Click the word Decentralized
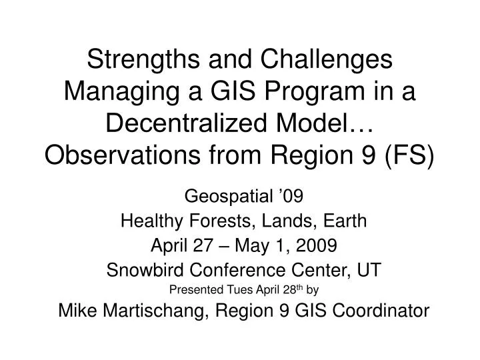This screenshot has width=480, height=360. (x=187, y=123)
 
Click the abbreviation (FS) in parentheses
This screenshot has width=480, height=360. (x=409, y=155)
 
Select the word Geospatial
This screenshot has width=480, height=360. (x=229, y=197)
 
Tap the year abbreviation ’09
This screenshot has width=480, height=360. (x=291, y=196)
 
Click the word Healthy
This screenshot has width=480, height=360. (x=152, y=221)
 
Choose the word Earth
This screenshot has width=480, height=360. (x=345, y=221)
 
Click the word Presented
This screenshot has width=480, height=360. (x=196, y=289)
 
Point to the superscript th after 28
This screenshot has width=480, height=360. (x=299, y=287)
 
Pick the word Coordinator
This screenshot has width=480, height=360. (x=381, y=311)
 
